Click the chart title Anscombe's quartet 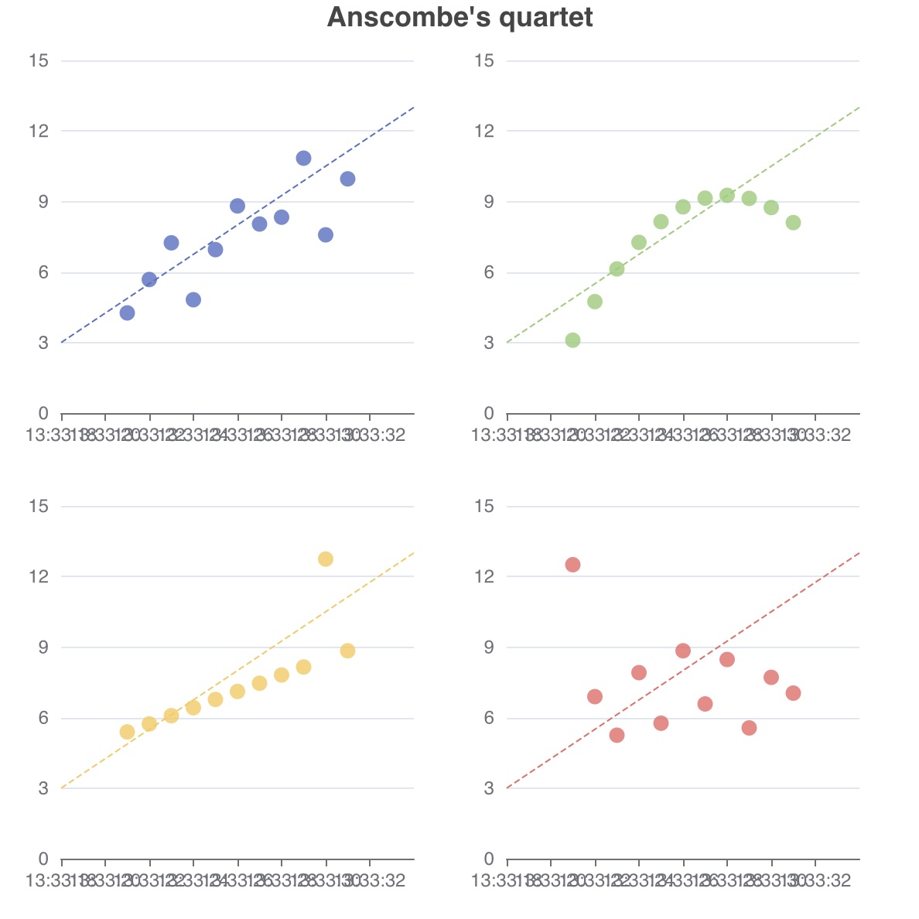pos(459,17)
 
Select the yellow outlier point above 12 pos(326,559)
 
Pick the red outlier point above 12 pos(572,565)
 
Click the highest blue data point pos(303,158)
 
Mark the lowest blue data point pos(128,313)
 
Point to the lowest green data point pos(572,340)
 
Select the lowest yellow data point pos(128,732)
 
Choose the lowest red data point pos(617,735)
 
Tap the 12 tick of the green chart pos(484,131)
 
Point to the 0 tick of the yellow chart pos(43,859)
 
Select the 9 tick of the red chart pos(489,647)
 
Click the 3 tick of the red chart pos(489,788)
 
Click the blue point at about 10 pos(347,179)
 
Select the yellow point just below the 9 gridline pos(347,651)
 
